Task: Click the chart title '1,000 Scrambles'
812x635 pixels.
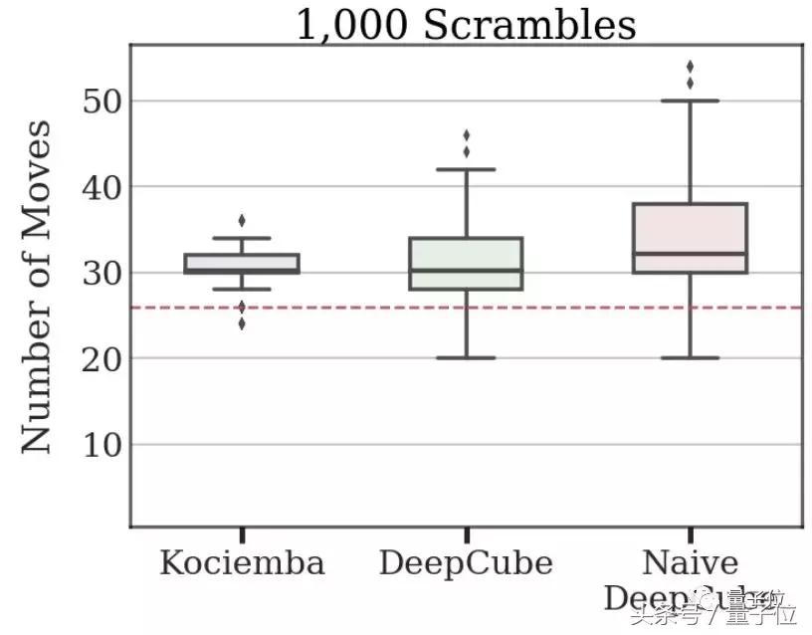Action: point(466,25)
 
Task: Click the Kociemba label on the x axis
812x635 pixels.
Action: point(242,563)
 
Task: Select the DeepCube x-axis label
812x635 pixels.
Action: point(466,563)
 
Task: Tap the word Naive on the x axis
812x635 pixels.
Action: point(690,563)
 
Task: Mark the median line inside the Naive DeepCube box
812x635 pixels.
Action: point(690,254)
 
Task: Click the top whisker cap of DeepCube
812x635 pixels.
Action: point(466,169)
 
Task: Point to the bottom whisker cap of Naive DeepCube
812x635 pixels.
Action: point(690,357)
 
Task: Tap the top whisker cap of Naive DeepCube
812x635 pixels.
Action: point(690,101)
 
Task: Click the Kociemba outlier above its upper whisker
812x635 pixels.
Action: point(242,220)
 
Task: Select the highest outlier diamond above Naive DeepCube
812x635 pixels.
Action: point(690,67)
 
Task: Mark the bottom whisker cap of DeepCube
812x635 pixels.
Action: point(466,357)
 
